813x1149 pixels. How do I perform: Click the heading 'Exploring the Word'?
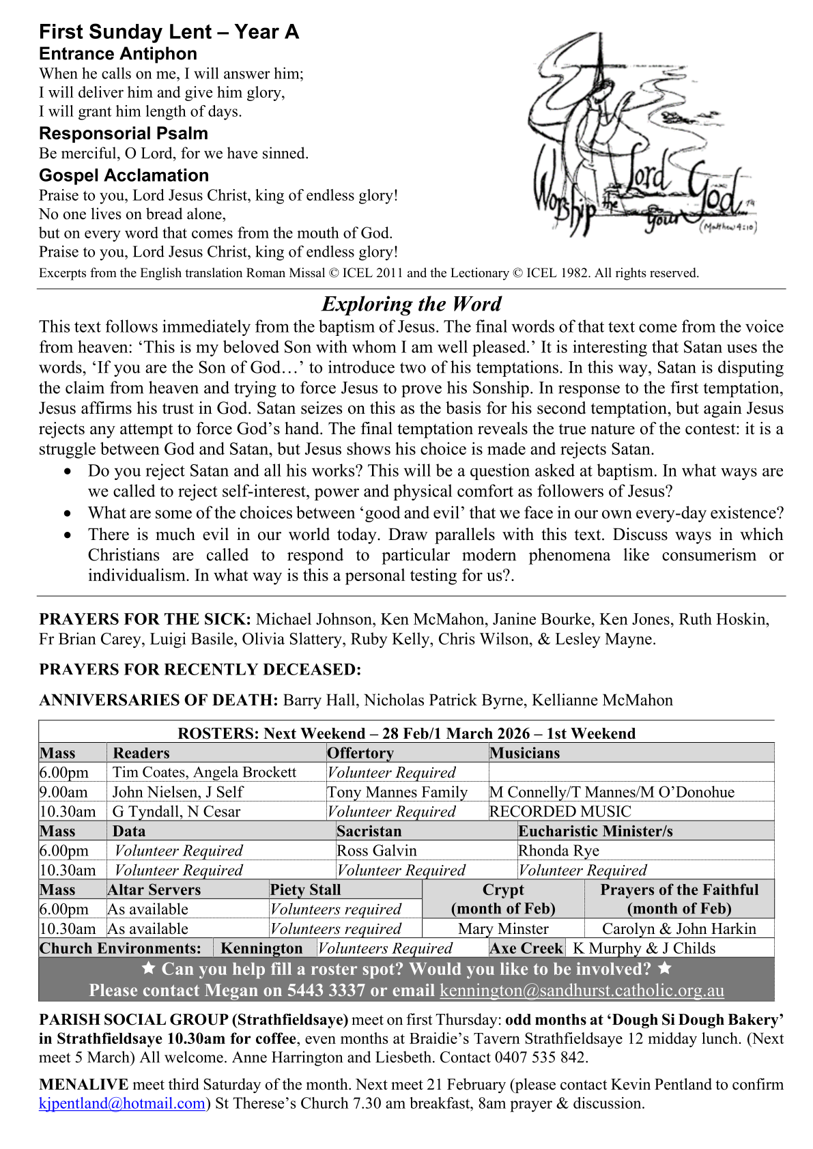coord(411,304)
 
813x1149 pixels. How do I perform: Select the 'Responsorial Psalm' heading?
coord(124,133)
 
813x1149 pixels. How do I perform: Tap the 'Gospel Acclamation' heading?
coord(124,175)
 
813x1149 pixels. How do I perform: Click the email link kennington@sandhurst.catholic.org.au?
coord(582,991)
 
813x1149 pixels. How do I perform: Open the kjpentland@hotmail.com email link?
coord(122,1103)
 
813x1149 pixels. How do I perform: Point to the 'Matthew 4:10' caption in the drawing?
coord(728,227)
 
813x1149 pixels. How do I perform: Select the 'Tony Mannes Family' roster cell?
coord(397,792)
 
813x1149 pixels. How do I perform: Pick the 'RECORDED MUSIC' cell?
coord(560,812)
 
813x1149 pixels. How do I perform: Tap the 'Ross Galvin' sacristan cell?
coord(377,851)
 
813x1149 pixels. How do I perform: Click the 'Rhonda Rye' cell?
coord(558,851)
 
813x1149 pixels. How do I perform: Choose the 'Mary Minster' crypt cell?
coord(503,928)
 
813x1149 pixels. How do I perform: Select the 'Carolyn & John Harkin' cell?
coord(679,928)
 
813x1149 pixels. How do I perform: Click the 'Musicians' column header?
coord(524,753)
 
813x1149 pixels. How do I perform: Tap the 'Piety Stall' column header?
coord(305,890)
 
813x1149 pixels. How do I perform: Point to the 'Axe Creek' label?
coord(526,948)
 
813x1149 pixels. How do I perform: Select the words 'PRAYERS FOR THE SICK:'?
coord(145,619)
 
